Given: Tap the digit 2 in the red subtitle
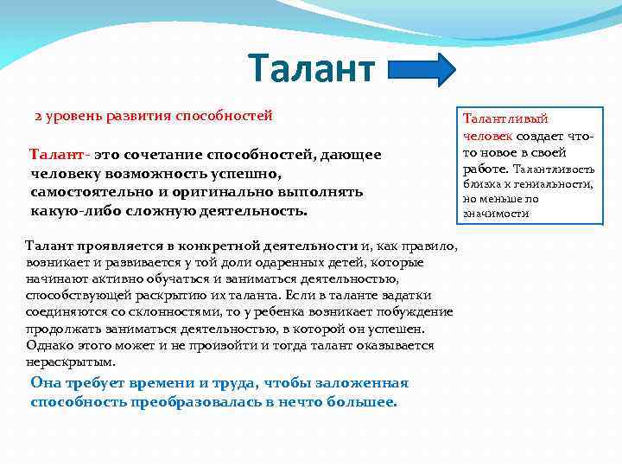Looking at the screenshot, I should [38, 116].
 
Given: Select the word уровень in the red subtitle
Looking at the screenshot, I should [71, 116].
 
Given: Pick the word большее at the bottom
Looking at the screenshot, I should [361, 402].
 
